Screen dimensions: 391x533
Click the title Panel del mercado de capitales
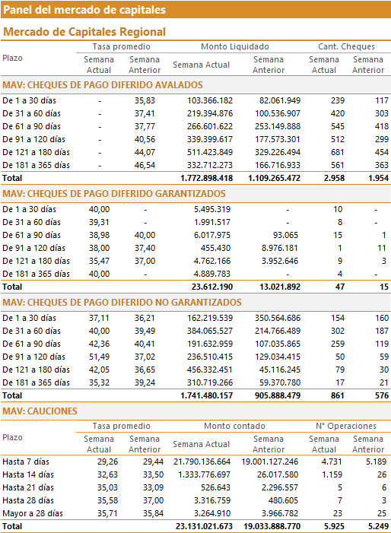84,10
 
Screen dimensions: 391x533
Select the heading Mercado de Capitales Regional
84,32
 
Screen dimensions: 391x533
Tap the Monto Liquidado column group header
235,46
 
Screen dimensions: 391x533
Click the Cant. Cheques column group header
346,46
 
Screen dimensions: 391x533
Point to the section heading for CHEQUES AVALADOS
103,85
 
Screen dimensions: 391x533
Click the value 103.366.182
210,100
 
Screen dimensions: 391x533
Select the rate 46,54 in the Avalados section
145,165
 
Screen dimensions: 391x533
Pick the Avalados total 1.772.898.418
206,178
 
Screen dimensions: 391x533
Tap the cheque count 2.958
334,178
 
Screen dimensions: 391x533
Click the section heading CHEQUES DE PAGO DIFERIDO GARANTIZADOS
114,194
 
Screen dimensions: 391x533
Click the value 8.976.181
279,248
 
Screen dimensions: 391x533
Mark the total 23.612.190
212,287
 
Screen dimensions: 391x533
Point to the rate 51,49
100,357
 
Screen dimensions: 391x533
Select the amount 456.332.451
210,370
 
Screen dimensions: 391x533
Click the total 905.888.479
278,395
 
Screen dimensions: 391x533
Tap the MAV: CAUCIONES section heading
40,411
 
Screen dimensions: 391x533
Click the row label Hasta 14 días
28,475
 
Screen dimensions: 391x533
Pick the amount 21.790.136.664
202,462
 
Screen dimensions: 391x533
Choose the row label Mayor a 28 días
33,514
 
